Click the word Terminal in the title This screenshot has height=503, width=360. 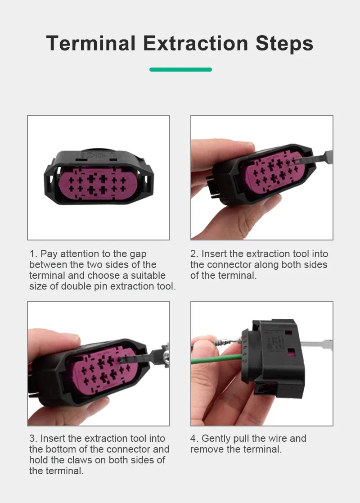click(x=91, y=43)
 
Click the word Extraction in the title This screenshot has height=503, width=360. click(x=196, y=43)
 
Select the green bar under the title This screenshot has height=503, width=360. click(x=180, y=69)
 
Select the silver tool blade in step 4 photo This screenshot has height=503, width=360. click(x=317, y=345)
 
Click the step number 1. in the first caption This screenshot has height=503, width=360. click(x=33, y=254)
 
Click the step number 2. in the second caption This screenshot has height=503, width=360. click(x=194, y=254)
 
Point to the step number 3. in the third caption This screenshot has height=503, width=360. click(x=33, y=438)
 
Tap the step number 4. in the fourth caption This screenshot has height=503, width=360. click(x=194, y=438)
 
